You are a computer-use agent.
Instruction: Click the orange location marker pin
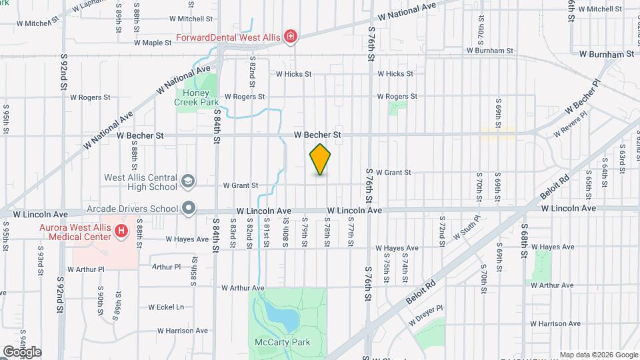pos(321,159)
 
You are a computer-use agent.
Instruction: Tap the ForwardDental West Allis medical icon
pos(290,37)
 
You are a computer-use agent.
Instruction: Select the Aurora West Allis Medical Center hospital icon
pos(121,231)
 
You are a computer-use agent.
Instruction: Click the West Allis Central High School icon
pos(188,180)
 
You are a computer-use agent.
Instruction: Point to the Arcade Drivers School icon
pos(189,209)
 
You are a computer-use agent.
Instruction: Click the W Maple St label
pos(153,43)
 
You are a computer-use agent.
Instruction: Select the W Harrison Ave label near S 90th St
pos(183,330)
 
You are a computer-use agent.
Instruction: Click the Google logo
pos(22,351)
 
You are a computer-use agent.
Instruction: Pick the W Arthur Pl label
pos(166,267)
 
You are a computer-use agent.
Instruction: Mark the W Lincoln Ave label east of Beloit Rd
pos(568,209)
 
